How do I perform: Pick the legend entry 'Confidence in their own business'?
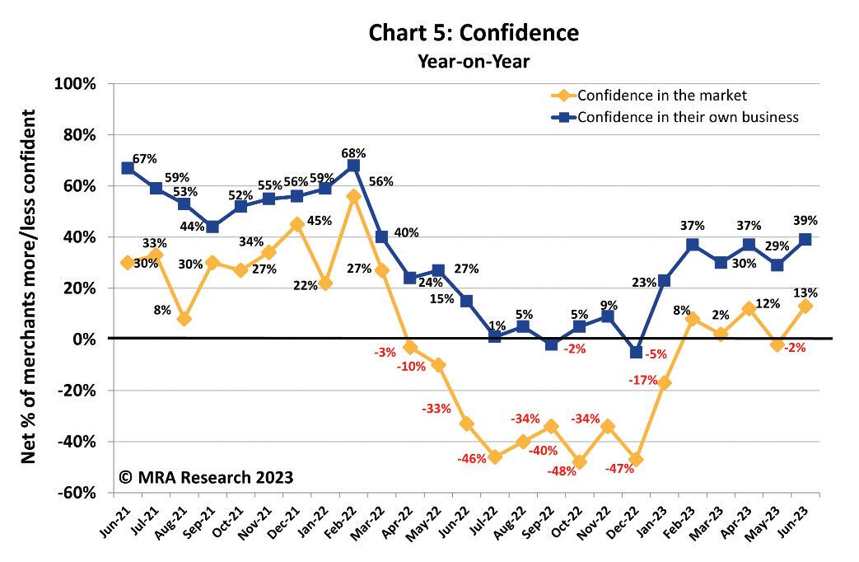pyautogui.click(x=688, y=117)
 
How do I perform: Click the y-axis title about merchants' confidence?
pyautogui.click(x=28, y=288)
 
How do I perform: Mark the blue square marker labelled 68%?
pyautogui.click(x=352, y=166)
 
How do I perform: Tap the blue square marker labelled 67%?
pyautogui.click(x=127, y=168)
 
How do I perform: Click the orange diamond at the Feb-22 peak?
pyautogui.click(x=352, y=196)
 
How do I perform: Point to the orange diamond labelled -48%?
pyautogui.click(x=579, y=462)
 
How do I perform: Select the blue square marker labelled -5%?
pyautogui.click(x=635, y=352)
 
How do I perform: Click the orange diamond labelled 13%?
pyautogui.click(x=805, y=306)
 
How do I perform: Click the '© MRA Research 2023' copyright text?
pyautogui.click(x=206, y=477)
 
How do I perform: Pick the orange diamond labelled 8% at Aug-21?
pyautogui.click(x=184, y=319)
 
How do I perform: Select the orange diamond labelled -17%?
pyautogui.click(x=664, y=382)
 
